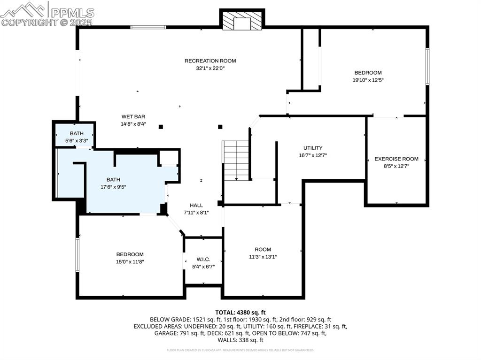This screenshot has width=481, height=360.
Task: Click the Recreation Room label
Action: coord(210,61)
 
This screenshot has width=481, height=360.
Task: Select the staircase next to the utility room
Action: coord(236,160)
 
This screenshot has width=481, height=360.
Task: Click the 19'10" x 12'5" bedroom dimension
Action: coord(368,80)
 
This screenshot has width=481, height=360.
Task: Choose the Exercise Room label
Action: coord(396,159)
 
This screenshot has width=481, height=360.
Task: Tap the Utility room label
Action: coord(312,148)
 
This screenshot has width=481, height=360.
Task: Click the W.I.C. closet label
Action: coord(203,260)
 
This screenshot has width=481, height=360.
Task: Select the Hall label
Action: coord(196,205)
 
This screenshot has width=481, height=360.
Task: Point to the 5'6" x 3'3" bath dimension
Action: coord(77,140)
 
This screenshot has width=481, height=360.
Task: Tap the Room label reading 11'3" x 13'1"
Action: coord(263,249)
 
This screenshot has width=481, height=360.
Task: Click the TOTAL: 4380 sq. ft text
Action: coord(240,312)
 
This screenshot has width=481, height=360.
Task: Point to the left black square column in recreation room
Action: coord(161,126)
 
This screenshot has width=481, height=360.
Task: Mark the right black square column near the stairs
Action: coord(220,126)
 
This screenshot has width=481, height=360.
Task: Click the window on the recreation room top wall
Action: coord(148,27)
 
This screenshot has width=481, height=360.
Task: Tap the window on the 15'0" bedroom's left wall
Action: coord(78,254)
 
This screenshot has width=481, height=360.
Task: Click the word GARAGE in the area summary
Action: coord(165,333)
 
